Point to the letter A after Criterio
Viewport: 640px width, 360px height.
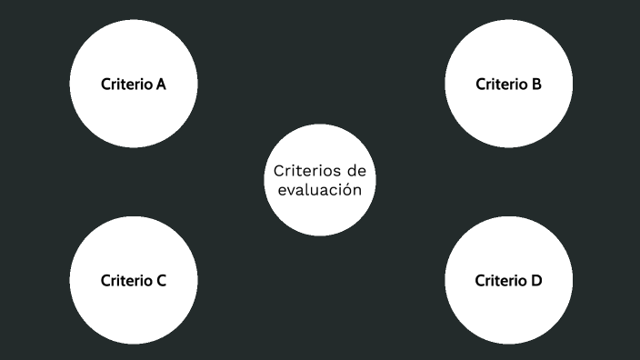pyautogui.click(x=160, y=85)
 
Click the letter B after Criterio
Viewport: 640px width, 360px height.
pyautogui.click(x=536, y=85)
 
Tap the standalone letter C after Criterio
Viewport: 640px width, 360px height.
pyautogui.click(x=160, y=280)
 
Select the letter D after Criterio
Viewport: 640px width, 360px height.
pyautogui.click(x=536, y=280)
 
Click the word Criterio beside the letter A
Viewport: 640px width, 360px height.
pyautogui.click(x=125, y=85)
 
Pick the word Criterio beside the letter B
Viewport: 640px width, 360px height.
pyautogui.click(x=501, y=85)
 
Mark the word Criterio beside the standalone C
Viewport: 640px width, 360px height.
pyautogui.click(x=125, y=280)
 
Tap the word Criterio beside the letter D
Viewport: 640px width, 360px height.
pyautogui.click(x=500, y=280)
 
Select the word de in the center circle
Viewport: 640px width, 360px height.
pyautogui.click(x=356, y=171)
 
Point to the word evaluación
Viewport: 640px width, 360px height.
pyautogui.click(x=320, y=191)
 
